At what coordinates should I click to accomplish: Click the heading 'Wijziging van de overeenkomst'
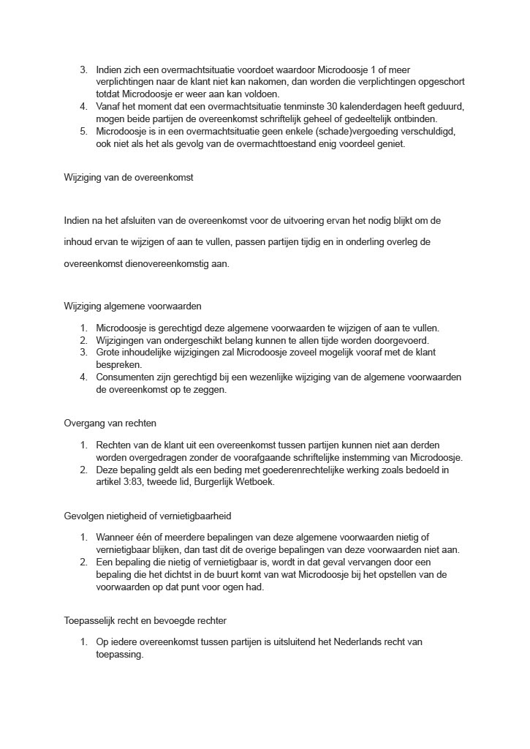pos(129,177)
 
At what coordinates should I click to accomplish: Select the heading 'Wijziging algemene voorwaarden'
pos(132,306)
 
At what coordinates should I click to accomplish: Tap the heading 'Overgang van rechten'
pos(110,423)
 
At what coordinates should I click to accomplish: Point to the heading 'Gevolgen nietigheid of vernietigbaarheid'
pos(148,516)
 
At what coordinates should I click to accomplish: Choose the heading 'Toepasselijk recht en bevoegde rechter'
pos(145,621)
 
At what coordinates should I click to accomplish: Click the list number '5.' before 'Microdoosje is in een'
pos(84,132)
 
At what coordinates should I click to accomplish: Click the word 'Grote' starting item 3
pos(108,353)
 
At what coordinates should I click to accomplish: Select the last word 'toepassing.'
pos(119,655)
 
